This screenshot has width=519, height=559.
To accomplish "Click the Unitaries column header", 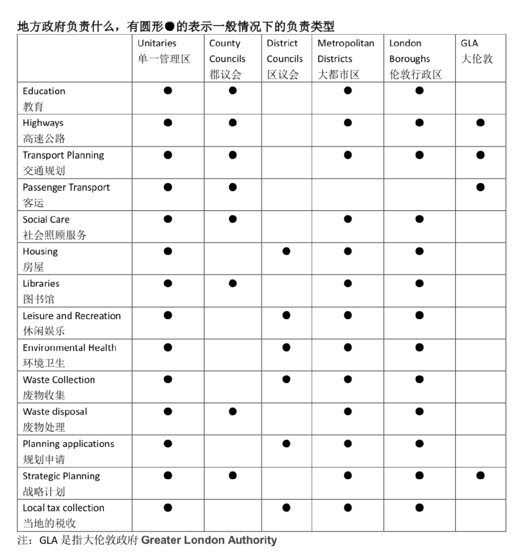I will (x=164, y=51).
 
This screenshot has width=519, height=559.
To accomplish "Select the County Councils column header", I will (x=227, y=59).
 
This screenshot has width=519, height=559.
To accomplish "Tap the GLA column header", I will (x=477, y=51).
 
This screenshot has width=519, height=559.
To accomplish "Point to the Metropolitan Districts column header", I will (x=346, y=59).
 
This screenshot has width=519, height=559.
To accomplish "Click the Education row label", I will (x=44, y=98).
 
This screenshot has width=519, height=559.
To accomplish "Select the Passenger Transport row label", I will (x=66, y=194).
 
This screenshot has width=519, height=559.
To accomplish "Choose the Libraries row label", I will (x=41, y=291).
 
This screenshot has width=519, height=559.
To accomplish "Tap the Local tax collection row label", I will (x=63, y=515).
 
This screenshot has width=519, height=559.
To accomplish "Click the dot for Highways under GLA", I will (x=480, y=123).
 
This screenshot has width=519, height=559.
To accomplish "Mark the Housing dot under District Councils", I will (x=286, y=251).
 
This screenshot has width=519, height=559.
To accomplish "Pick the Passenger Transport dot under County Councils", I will (x=233, y=187).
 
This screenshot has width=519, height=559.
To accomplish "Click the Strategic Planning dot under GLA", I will (x=480, y=476).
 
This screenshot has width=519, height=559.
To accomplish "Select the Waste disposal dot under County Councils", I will (x=233, y=411).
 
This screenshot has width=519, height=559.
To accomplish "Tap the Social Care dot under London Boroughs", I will (x=420, y=219).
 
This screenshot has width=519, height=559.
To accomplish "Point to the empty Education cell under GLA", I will (x=480, y=98).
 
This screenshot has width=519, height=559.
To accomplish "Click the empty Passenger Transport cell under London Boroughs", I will (x=420, y=194).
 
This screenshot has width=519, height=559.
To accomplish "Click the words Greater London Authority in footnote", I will (x=209, y=540).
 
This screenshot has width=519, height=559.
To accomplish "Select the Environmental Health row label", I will (x=69, y=355).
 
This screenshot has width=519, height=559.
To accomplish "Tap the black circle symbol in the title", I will (x=170, y=26).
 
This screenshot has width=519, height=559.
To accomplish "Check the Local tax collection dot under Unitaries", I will (x=168, y=508).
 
